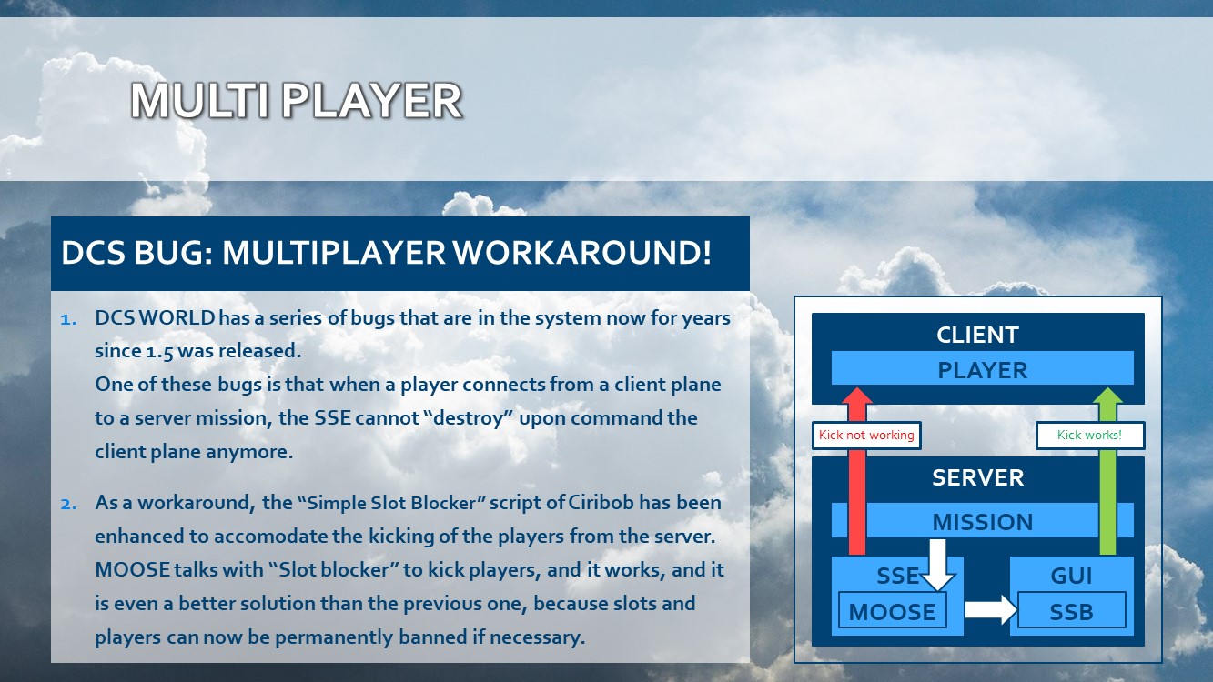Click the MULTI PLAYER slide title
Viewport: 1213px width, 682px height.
[x=297, y=101]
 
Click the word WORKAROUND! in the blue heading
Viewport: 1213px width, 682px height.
[x=581, y=252]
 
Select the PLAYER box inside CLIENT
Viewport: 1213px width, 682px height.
[x=982, y=368]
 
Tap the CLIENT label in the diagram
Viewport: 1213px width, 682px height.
[x=977, y=335]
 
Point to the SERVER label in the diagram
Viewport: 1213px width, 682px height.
[x=977, y=477]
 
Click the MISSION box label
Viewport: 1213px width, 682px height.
[x=982, y=522]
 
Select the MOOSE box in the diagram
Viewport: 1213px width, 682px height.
[x=892, y=610]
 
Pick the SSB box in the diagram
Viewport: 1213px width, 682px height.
[x=1071, y=610]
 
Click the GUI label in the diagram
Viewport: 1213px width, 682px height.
[x=1071, y=576]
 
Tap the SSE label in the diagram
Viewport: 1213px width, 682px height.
[x=897, y=576]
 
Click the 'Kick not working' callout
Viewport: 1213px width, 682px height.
[x=866, y=436]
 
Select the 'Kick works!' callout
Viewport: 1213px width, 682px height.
[x=1089, y=436]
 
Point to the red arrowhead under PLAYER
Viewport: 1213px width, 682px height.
[x=857, y=396]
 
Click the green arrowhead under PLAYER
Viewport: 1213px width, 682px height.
[x=1107, y=396]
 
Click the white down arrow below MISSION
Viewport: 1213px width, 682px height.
[x=937, y=565]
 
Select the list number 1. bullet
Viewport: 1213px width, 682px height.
[x=68, y=319]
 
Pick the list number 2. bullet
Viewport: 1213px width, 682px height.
[x=68, y=504]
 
